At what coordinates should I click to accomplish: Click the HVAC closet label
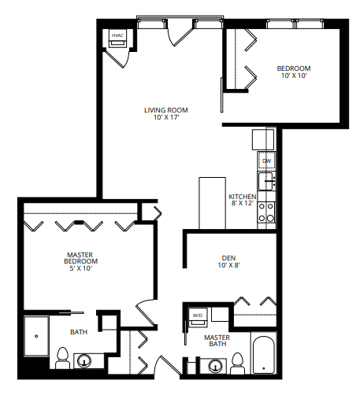point(117,35)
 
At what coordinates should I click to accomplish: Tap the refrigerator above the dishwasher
point(263,139)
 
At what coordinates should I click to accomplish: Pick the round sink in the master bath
point(213,366)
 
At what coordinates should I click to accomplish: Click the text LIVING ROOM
point(166,109)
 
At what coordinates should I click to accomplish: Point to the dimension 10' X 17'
point(166,117)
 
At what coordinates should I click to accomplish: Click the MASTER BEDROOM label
point(80,259)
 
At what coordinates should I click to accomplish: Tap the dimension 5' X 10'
point(80,269)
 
